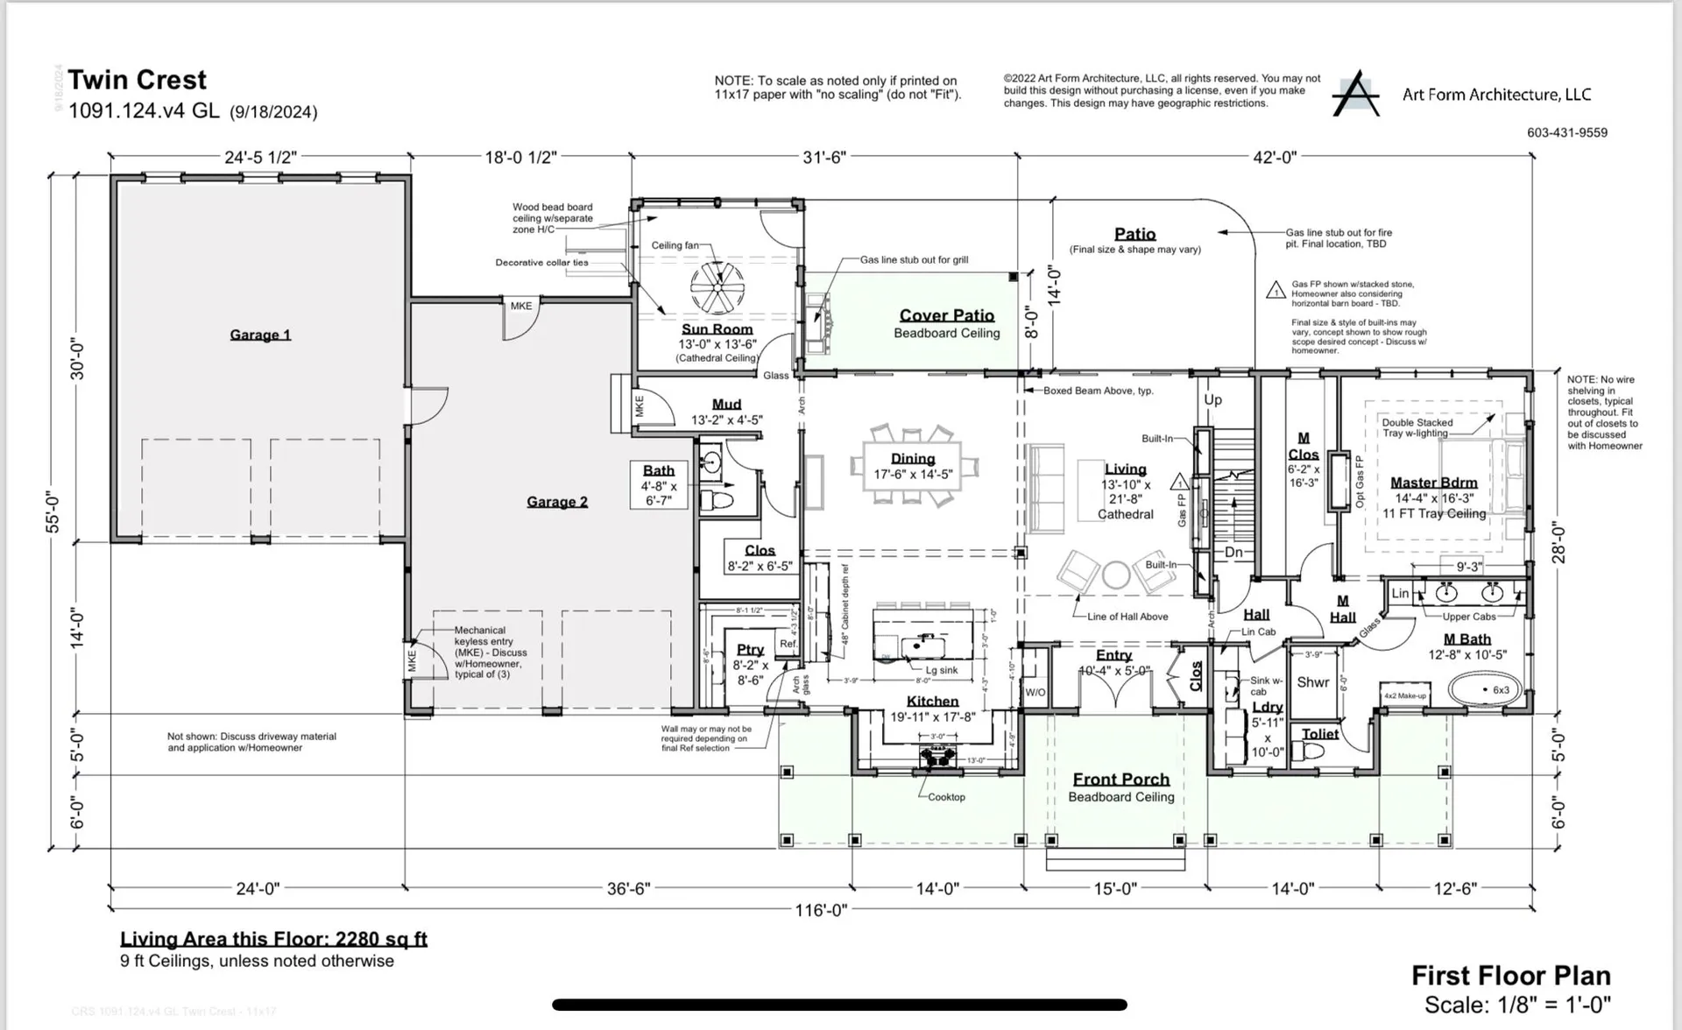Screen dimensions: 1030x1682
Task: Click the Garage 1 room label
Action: pos(260,335)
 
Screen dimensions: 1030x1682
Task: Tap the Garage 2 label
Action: pos(557,502)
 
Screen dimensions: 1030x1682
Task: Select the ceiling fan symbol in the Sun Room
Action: pos(717,286)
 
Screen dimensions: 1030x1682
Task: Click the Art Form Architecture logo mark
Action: pos(1355,94)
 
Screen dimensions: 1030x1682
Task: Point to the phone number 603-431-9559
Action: pos(1566,133)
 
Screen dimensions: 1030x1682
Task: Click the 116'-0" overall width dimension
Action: pos(821,911)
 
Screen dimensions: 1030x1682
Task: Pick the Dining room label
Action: pos(913,459)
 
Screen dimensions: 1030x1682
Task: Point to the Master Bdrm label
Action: pos(1434,483)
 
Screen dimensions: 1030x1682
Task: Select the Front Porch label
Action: pos(1121,780)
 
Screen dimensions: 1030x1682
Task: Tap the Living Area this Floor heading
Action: pos(273,939)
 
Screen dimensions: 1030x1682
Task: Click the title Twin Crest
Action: pos(138,80)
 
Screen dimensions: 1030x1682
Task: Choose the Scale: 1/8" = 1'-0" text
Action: pos(1517,1005)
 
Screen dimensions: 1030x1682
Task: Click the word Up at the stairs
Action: pos(1212,400)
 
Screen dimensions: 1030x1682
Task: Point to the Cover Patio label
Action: pos(947,315)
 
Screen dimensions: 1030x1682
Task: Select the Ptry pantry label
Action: pos(750,650)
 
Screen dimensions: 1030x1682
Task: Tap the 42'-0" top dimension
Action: pos(1275,158)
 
